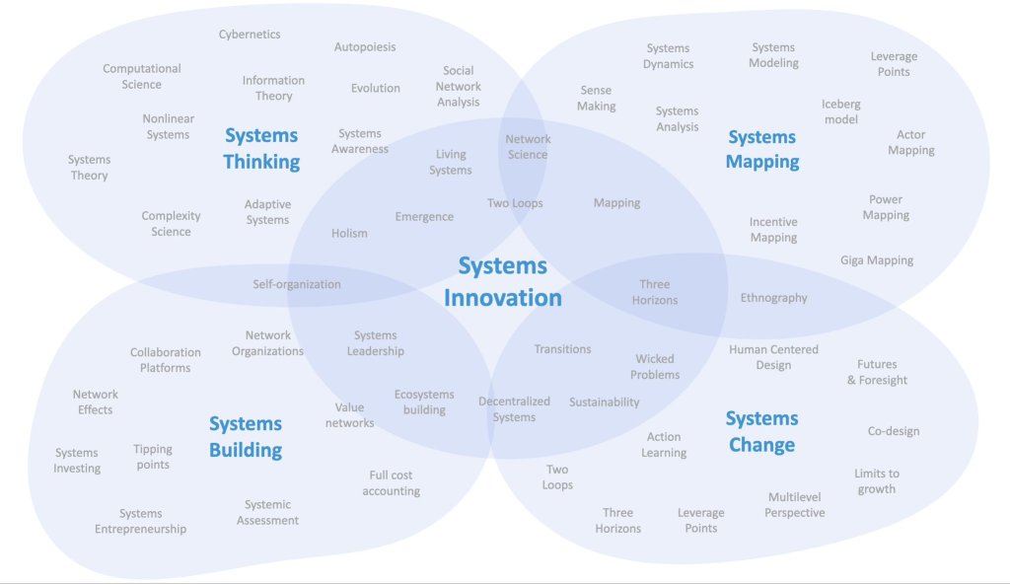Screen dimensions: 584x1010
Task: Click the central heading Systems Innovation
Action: (503, 281)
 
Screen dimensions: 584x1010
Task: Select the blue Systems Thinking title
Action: (261, 148)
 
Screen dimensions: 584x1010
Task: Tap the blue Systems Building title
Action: (246, 437)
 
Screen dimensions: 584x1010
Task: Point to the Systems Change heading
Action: (761, 431)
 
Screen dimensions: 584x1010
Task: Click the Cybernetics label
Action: (250, 35)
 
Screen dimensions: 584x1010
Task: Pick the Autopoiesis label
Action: (365, 47)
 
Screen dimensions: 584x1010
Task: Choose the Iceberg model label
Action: (840, 111)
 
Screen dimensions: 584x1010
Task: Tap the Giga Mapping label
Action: (877, 260)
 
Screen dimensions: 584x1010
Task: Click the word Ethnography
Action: (773, 298)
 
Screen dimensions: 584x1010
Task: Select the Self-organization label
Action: (297, 284)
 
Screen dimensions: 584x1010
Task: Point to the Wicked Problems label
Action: (656, 367)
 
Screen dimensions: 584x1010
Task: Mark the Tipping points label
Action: (153, 457)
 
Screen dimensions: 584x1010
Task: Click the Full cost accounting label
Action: (391, 483)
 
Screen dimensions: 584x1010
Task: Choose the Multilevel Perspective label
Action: (795, 505)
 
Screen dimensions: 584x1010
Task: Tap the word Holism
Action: (349, 234)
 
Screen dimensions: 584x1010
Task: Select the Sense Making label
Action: (597, 99)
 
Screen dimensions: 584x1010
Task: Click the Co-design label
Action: (894, 431)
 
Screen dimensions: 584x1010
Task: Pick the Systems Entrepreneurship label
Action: (140, 521)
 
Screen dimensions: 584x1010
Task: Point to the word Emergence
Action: (424, 217)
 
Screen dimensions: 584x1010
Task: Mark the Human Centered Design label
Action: (773, 357)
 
